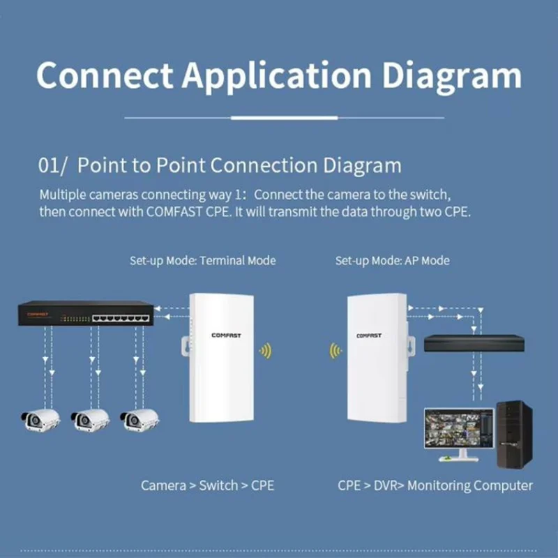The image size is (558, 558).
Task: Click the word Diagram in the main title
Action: point(450,75)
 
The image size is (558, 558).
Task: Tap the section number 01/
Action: point(53,166)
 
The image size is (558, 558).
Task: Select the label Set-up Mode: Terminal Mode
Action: point(202,261)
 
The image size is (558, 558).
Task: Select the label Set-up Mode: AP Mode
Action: point(392,261)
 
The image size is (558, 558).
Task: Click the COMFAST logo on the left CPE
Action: point(226,335)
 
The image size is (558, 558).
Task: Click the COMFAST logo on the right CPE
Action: point(369,335)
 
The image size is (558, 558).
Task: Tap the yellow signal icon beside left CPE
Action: point(265,351)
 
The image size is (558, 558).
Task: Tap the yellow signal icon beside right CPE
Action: point(335,351)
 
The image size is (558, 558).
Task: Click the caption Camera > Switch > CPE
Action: point(207,485)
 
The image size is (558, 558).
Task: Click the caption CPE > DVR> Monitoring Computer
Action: point(435,485)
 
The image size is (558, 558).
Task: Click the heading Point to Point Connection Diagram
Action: point(239,166)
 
